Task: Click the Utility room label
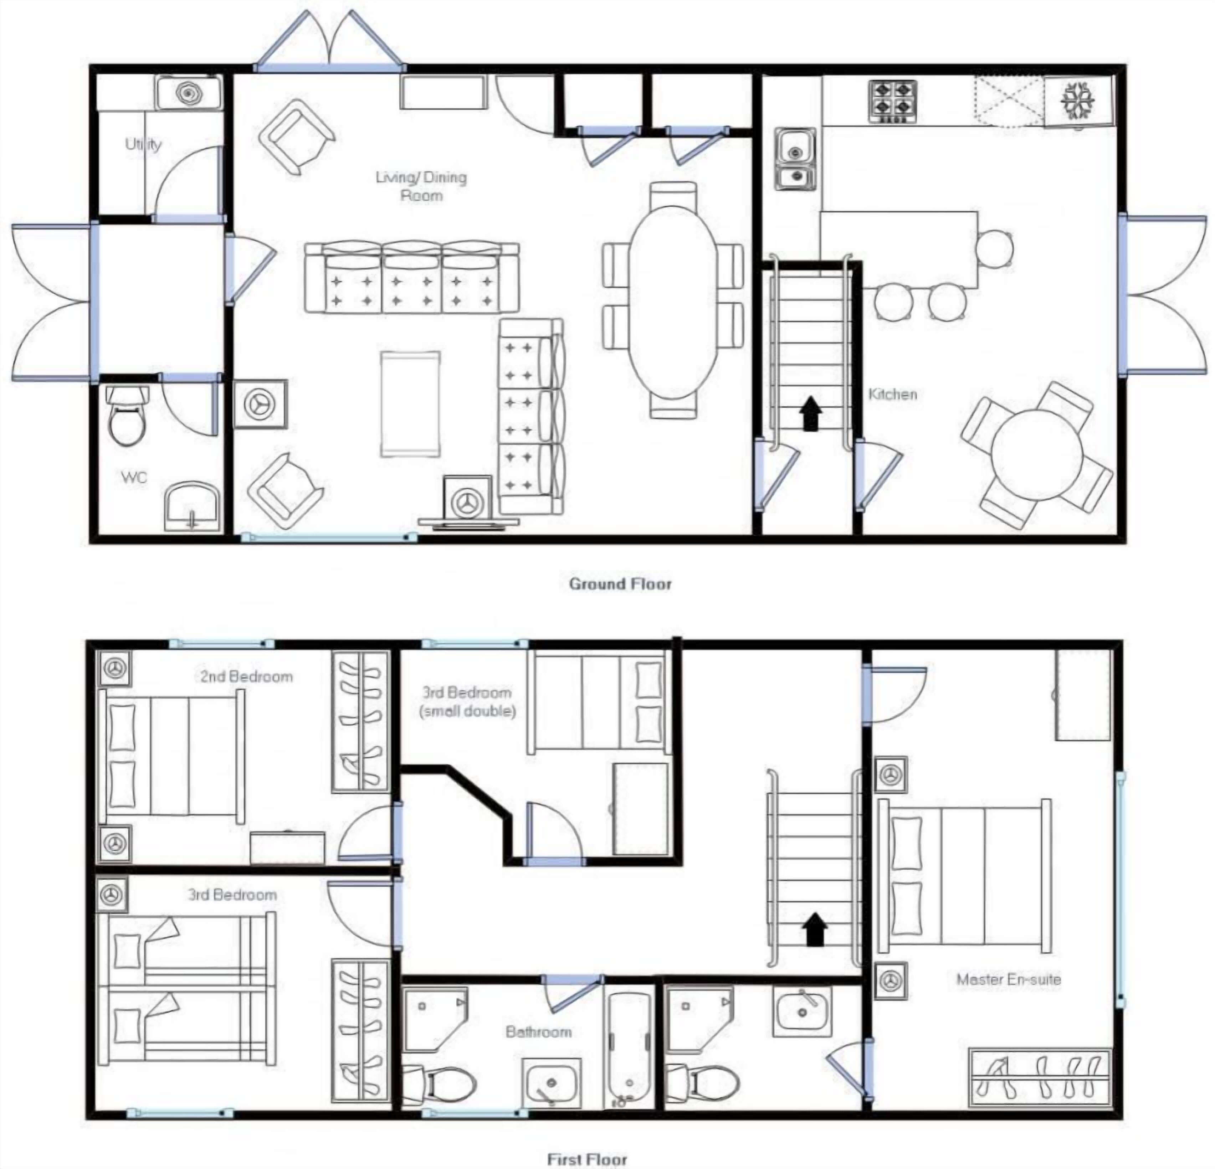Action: (143, 144)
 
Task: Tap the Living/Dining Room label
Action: (421, 186)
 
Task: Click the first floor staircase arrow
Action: (815, 930)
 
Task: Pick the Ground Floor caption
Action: (620, 584)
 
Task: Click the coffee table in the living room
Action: (410, 404)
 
